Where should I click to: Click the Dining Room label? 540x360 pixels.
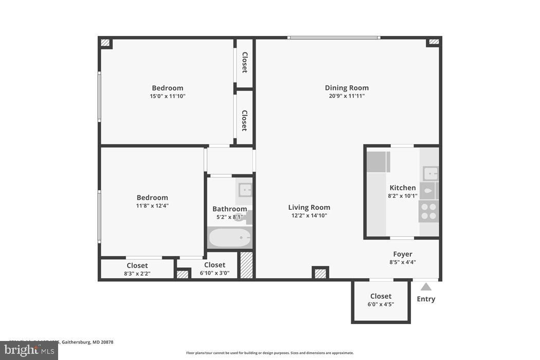point(347,88)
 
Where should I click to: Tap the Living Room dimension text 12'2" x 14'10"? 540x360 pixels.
point(309,216)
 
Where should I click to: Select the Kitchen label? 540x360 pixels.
point(402,188)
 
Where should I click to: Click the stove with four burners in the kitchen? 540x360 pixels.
point(429,211)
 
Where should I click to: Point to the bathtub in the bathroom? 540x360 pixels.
point(230,239)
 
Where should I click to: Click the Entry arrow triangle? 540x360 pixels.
point(426,287)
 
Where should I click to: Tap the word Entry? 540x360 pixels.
point(426,299)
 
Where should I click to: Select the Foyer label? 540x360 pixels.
point(403,254)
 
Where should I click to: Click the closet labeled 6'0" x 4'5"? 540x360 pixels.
point(381,300)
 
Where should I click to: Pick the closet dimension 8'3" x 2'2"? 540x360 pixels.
point(137,273)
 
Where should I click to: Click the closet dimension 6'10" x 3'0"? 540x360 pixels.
point(214,273)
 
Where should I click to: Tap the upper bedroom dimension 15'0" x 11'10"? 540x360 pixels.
point(167,96)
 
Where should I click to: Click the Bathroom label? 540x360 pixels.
point(229,209)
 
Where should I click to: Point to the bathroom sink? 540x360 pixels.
point(245,190)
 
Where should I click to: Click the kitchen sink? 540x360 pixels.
point(429,173)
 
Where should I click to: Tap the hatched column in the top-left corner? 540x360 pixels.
point(105,43)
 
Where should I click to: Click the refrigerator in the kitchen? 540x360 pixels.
point(378,162)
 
